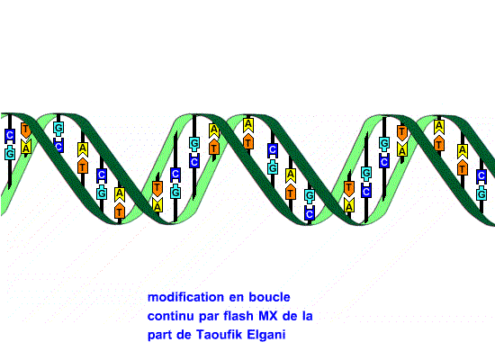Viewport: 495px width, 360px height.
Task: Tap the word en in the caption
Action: tap(236, 298)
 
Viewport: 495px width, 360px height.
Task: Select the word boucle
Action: tap(269, 297)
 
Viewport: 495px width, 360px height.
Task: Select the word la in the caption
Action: tap(307, 316)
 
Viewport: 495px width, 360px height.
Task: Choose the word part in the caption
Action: tap(159, 335)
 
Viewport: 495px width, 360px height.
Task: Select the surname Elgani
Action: tap(266, 335)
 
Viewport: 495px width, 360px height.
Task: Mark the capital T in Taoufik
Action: tap(200, 335)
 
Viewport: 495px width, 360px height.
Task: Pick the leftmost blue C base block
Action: tap(10, 136)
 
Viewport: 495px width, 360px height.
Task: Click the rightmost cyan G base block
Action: tap(481, 193)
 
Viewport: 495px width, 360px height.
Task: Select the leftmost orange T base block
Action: tap(26, 130)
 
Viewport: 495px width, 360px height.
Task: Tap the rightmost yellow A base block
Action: tap(463, 151)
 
